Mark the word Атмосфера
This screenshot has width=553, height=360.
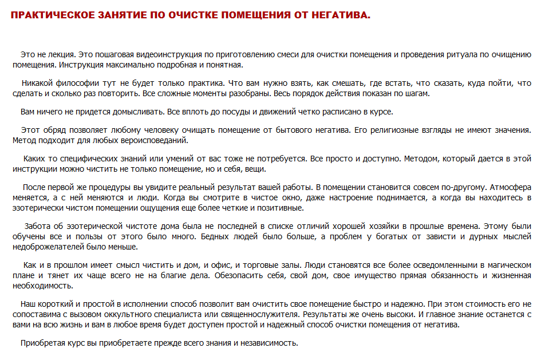click(510, 187)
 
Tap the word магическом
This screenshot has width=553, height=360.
click(501, 265)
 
